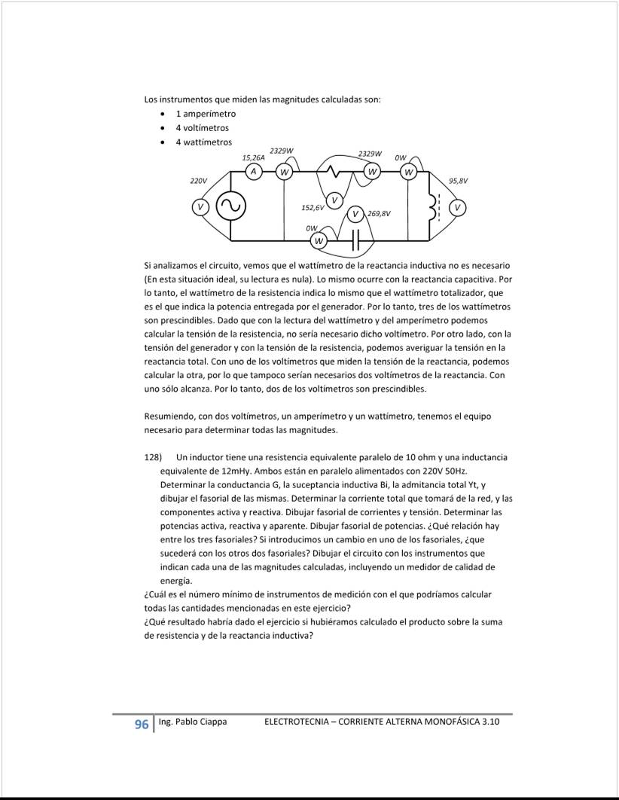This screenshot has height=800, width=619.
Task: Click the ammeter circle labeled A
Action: click(255, 173)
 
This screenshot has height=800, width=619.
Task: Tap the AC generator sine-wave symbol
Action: click(230, 206)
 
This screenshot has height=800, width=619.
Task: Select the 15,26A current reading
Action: click(253, 158)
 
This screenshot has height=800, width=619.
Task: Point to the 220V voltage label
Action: click(198, 182)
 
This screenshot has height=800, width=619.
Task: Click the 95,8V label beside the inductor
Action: click(458, 182)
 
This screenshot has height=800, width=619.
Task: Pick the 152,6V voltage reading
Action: click(313, 206)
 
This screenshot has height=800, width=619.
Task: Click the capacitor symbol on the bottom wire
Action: click(356, 240)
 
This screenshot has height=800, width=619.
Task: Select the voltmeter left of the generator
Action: click(200, 206)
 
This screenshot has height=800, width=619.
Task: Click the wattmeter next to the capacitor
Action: click(320, 241)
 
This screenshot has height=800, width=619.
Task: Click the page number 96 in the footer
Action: click(141, 725)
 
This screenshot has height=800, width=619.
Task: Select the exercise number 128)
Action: click(154, 457)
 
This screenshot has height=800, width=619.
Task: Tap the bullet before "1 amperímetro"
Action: click(163, 114)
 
